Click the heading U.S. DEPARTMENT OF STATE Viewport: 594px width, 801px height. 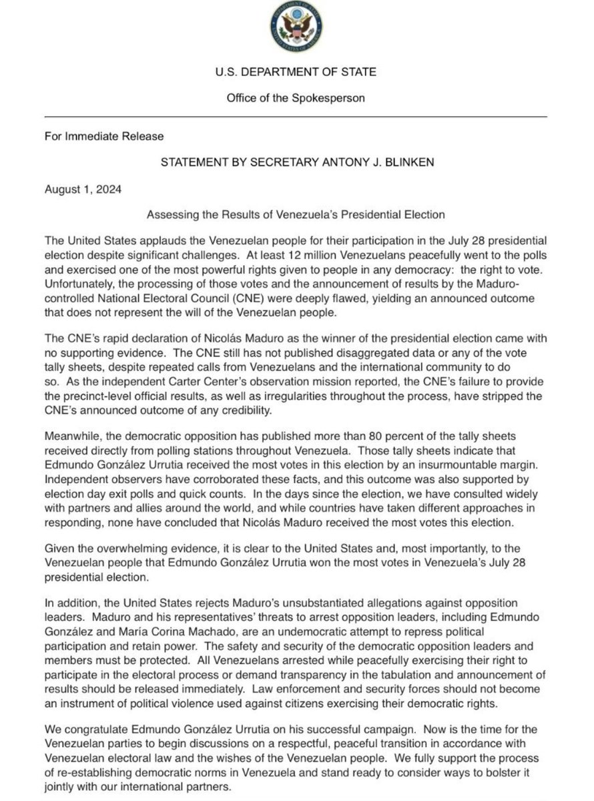(x=297, y=71)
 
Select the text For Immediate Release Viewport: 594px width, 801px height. (x=104, y=137)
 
